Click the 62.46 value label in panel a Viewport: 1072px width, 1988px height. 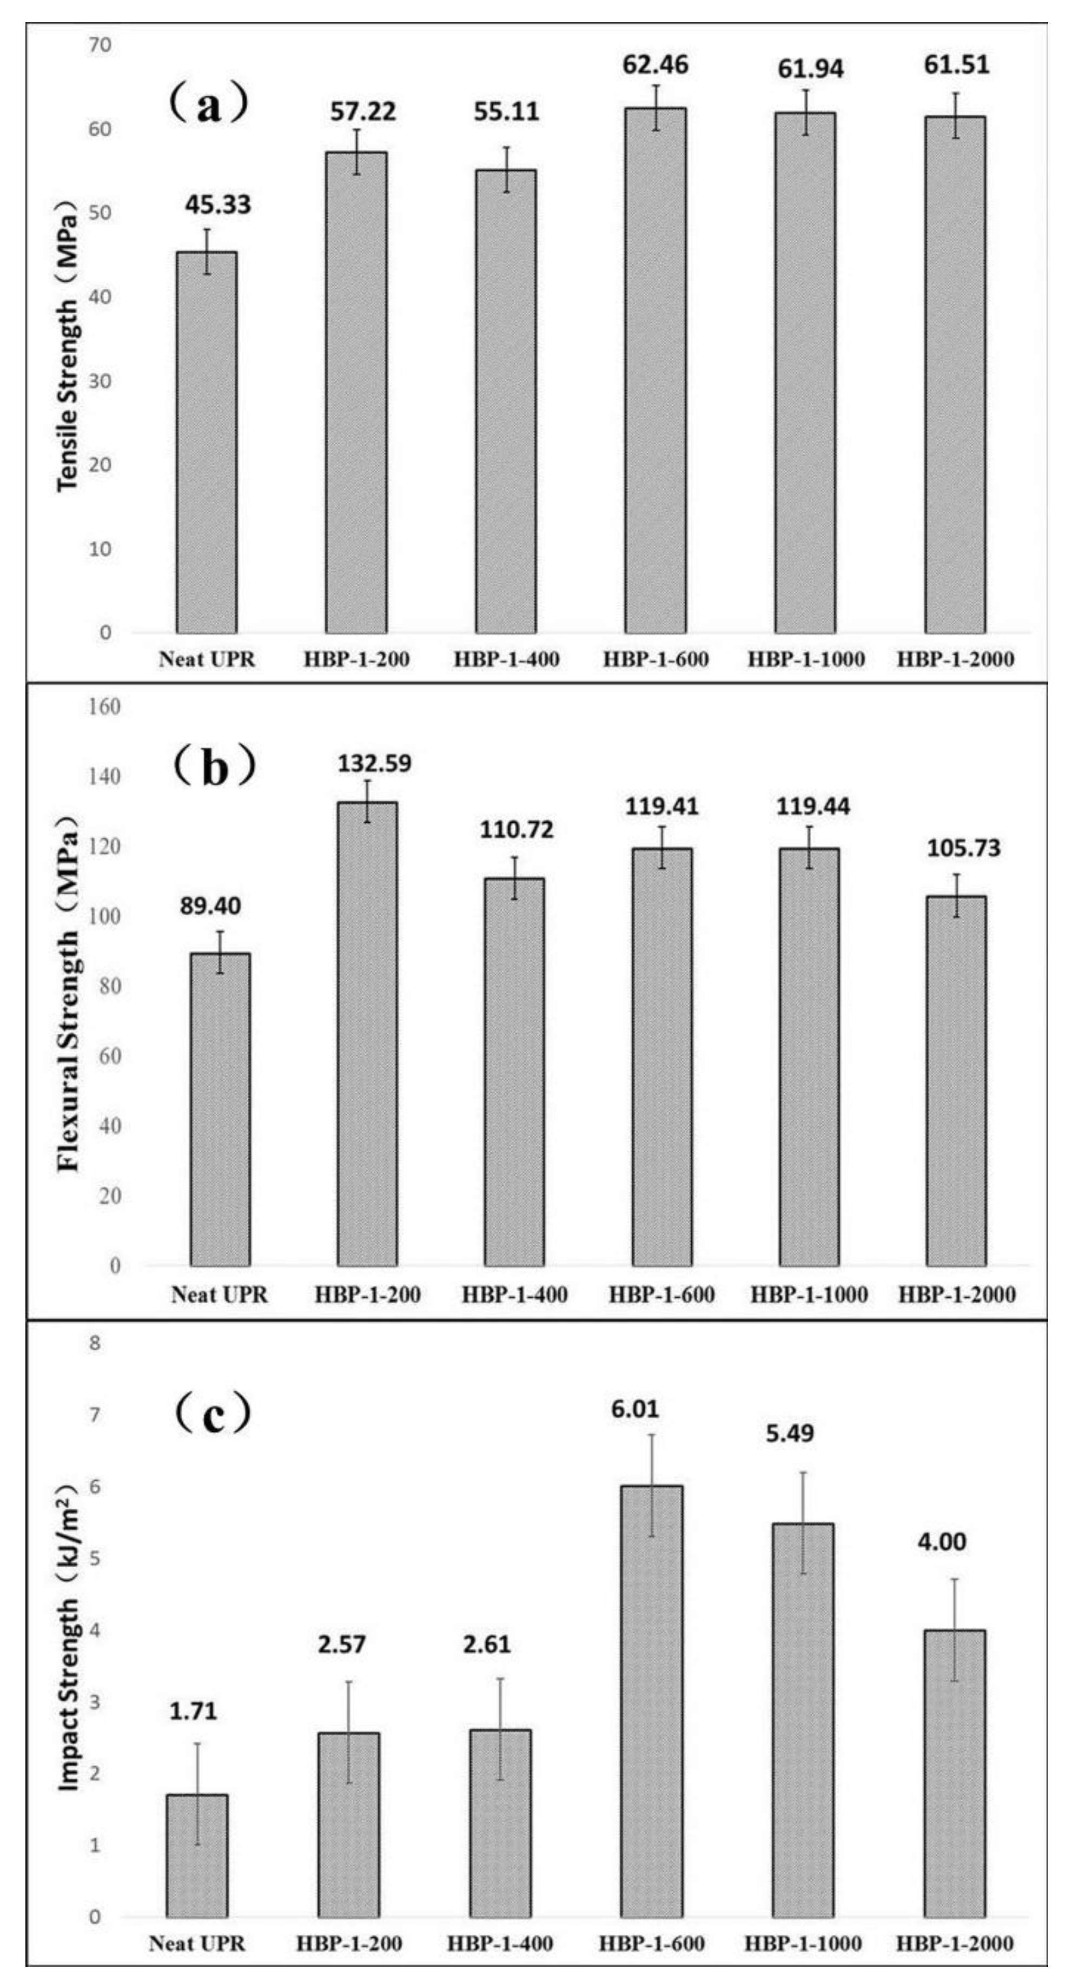point(655,65)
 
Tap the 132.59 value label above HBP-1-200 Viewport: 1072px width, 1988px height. point(374,763)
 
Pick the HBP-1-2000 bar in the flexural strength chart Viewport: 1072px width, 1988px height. point(956,1080)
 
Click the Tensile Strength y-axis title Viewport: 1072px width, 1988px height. point(68,344)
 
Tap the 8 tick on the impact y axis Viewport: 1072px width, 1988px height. point(95,1344)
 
